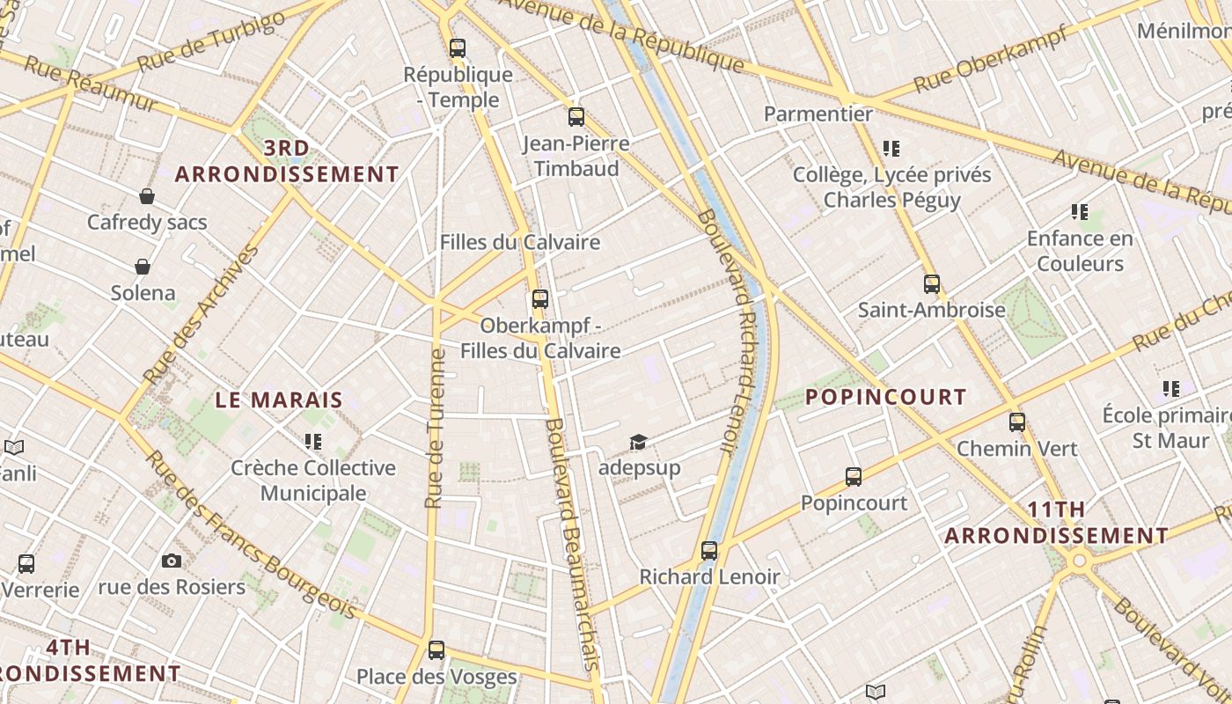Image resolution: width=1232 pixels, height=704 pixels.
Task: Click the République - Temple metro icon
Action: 457,48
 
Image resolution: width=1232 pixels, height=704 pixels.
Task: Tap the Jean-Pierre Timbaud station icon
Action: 576,116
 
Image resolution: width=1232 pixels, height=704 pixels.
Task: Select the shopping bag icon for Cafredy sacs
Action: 147,196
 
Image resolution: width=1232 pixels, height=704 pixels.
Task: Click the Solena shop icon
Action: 143,266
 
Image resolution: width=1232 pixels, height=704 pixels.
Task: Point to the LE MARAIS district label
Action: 279,400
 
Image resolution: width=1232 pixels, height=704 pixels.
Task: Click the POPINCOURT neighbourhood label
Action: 885,397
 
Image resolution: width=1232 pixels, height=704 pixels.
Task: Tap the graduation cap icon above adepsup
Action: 638,442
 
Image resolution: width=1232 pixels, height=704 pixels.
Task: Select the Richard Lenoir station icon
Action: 709,551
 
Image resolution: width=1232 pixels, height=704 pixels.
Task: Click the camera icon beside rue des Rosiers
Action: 172,561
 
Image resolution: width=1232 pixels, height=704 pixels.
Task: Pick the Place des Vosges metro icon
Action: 436,650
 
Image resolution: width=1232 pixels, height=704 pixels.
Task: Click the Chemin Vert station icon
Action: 1016,422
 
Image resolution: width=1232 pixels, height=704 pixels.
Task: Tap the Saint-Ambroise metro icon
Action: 932,284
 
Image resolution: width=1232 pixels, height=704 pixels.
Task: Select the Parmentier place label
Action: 818,114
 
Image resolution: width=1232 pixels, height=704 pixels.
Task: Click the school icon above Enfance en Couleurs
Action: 1080,212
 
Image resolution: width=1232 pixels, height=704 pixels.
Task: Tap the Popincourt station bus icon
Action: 853,477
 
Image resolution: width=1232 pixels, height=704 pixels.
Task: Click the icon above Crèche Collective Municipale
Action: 312,441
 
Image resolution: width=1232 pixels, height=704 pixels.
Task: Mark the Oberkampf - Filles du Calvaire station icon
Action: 539,299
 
